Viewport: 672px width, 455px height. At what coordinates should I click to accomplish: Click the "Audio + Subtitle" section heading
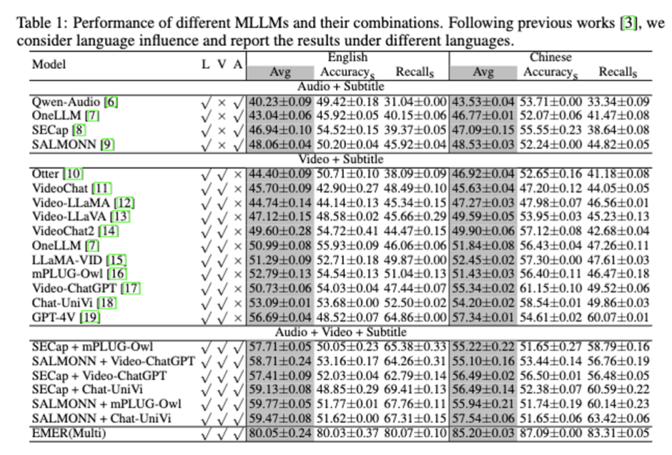coord(340,86)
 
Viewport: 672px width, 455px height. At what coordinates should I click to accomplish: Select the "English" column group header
coord(347,58)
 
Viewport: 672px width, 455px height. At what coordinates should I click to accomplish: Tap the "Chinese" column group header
coord(550,58)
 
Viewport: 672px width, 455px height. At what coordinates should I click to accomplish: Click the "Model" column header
coord(49,64)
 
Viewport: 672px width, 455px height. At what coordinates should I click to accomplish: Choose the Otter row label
coord(46,174)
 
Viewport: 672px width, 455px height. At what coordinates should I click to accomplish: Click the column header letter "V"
coord(222,64)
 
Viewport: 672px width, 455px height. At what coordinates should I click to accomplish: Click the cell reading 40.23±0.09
coord(281,102)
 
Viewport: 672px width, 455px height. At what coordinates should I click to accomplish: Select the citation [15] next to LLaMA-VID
coord(115,260)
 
